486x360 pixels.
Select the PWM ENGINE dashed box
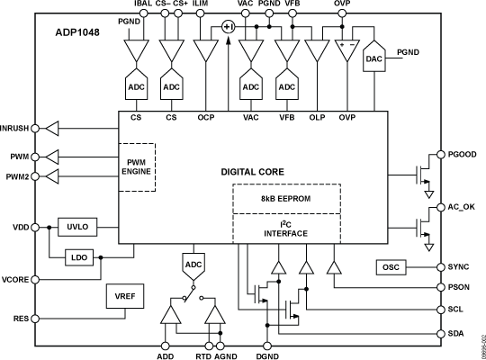(138, 166)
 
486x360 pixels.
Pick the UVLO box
(76, 228)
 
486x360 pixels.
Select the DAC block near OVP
(374, 58)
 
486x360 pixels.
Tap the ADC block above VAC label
(251, 87)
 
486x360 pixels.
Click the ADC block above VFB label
(288, 87)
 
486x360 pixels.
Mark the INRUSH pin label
(19, 129)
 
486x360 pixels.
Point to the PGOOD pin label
(463, 153)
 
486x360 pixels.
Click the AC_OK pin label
(463, 207)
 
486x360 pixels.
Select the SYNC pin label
(459, 267)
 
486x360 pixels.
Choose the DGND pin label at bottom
(269, 355)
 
